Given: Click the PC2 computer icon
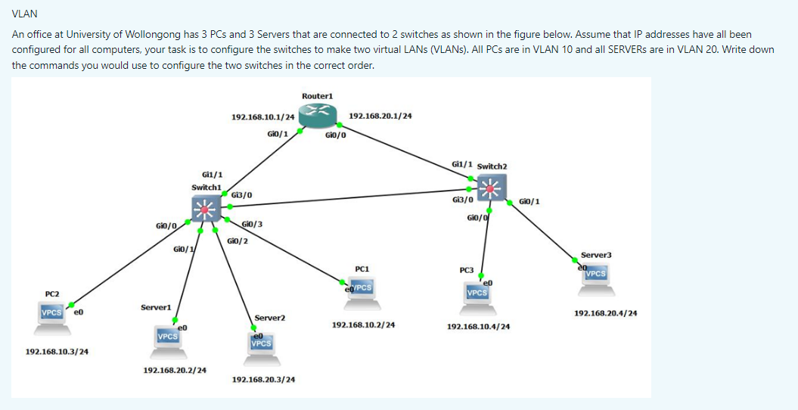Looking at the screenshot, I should tap(53, 314).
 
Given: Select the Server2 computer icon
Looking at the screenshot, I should tap(261, 345).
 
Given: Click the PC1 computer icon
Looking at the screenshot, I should tap(362, 290).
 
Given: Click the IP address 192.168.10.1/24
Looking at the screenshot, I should tap(262, 117).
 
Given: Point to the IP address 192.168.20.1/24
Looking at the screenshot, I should tap(380, 116).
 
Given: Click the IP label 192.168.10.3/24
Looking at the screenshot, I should tap(57, 352).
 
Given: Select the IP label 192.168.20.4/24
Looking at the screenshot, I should tap(605, 313).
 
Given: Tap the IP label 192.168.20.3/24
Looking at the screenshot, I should tap(263, 379).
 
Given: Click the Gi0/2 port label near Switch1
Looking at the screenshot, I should tap(238, 241).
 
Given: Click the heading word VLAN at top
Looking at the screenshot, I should tap(25, 14).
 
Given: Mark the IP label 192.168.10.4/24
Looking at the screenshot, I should tap(478, 327).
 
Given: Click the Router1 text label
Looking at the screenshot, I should tap(317, 96).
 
